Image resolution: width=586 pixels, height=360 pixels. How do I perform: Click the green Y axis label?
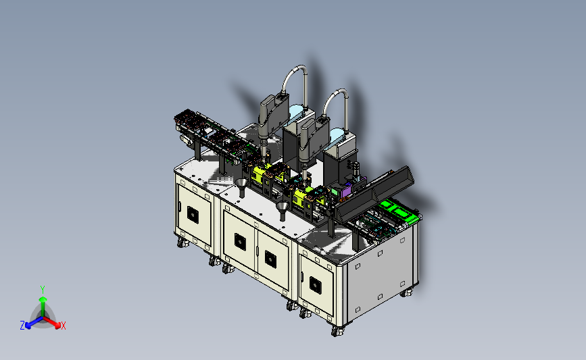tap(43, 290)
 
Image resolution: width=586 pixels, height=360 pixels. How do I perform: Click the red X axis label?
tap(63, 326)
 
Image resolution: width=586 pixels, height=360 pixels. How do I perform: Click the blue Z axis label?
tap(22, 326)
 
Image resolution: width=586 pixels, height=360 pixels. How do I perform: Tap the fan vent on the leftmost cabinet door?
tap(193, 215)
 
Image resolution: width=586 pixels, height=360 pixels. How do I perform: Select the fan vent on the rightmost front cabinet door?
tap(316, 286)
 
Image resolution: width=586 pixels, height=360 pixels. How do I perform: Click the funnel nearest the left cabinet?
tap(242, 186)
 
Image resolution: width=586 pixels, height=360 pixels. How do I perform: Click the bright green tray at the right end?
tap(397, 210)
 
